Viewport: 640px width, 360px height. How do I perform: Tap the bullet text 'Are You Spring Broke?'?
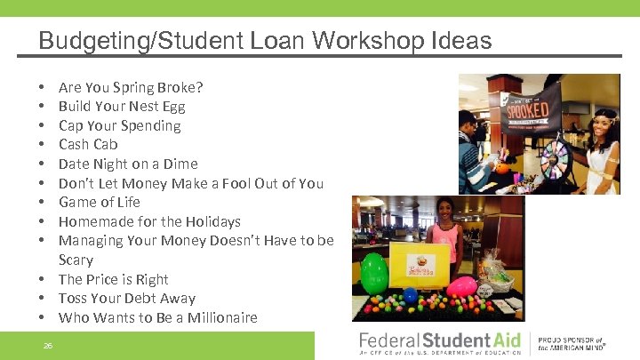[x=131, y=87]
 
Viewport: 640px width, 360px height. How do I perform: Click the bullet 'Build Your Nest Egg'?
[x=123, y=107]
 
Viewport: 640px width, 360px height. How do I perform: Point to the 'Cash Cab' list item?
[x=88, y=144]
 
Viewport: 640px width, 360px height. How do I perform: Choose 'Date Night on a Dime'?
[x=128, y=164]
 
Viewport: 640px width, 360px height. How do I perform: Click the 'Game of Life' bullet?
[x=100, y=202]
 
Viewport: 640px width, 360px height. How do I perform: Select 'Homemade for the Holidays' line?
[x=149, y=221]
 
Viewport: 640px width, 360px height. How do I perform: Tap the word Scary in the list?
[x=76, y=260]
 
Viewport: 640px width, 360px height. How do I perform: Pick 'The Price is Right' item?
[x=114, y=279]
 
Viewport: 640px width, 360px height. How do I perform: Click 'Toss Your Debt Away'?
[x=127, y=298]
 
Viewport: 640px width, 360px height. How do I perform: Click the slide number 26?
[x=47, y=345]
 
